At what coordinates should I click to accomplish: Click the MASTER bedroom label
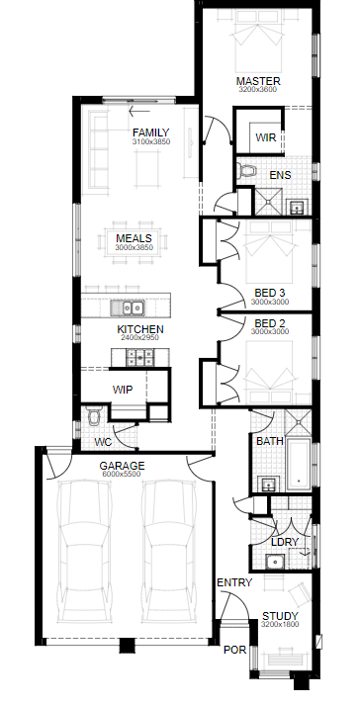[258, 81]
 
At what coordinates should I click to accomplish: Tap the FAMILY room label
[151, 132]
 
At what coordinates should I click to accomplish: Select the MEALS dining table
[134, 242]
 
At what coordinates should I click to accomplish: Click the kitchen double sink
[128, 308]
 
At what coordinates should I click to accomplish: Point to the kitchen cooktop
[140, 358]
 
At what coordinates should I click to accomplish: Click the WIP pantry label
[123, 390]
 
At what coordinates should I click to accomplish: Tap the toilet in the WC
[94, 416]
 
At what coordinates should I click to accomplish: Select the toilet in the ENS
[246, 171]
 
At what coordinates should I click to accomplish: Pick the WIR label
[266, 137]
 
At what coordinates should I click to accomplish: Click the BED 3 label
[269, 293]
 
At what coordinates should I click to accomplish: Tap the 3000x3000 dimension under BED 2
[270, 332]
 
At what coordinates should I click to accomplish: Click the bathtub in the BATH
[299, 464]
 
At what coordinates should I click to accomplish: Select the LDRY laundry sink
[273, 562]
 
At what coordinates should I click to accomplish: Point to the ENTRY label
[234, 582]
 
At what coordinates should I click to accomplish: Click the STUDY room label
[280, 616]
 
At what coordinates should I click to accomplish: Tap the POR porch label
[235, 651]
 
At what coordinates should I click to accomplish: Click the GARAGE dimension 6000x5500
[122, 474]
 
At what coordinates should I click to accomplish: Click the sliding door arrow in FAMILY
[139, 111]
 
